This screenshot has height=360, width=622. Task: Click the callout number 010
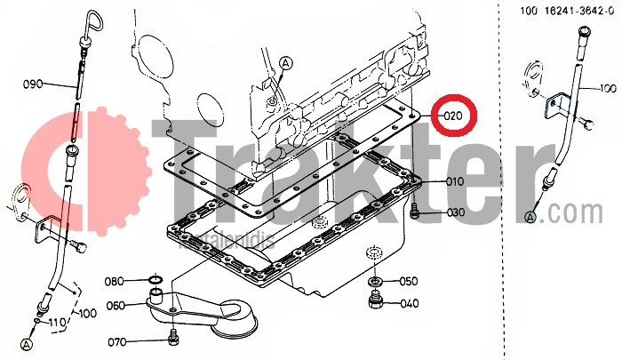[454, 182]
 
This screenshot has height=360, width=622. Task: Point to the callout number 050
[408, 282]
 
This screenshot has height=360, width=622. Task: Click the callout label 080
[116, 282]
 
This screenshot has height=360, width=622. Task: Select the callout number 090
[33, 84]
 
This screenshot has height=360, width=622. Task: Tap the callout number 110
[57, 321]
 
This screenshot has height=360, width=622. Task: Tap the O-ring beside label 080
[153, 282]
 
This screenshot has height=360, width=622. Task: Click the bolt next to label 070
[173, 338]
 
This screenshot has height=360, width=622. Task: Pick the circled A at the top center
[286, 63]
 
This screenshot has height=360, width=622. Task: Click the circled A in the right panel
[531, 217]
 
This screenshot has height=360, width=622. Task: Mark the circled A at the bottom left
[27, 343]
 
